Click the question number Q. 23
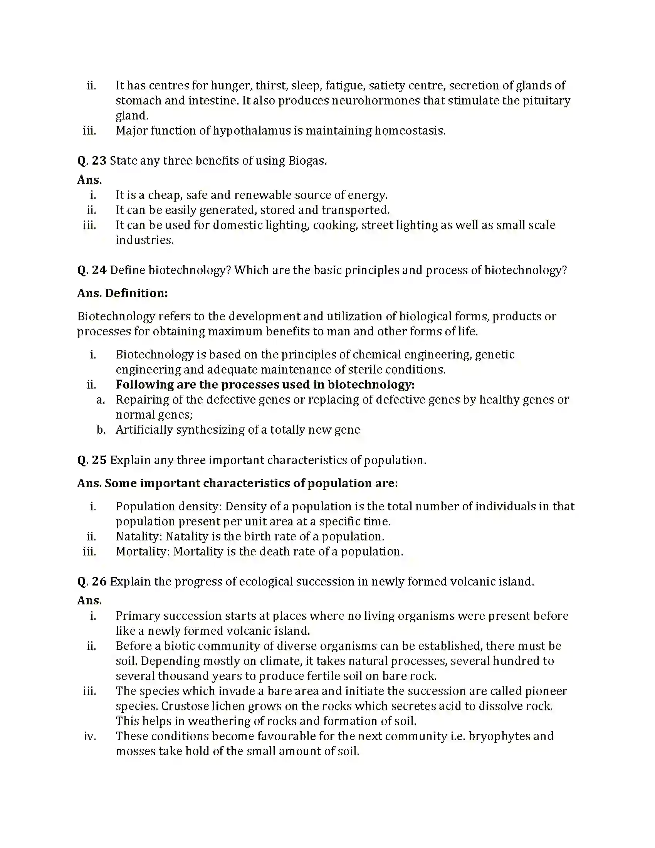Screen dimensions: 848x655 point(92,161)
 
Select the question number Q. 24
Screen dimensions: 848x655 point(92,270)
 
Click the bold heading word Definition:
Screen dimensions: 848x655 point(136,293)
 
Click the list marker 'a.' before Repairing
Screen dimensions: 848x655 point(101,400)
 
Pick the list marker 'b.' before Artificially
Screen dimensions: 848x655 point(101,430)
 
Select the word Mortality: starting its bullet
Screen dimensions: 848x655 point(143,552)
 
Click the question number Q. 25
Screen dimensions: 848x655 point(92,460)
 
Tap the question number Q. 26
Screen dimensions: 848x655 point(92,582)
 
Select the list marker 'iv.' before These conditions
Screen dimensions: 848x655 point(90,736)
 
